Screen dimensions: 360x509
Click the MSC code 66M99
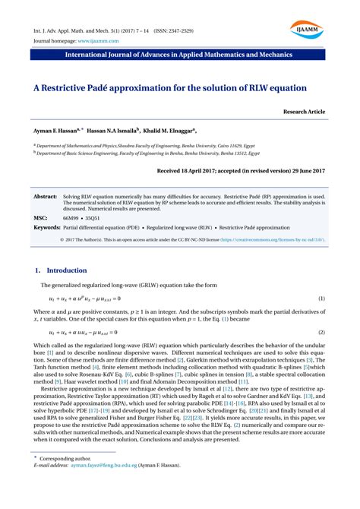point(71,217)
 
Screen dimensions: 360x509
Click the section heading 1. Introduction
point(62,270)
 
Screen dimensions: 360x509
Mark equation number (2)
point(322,333)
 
